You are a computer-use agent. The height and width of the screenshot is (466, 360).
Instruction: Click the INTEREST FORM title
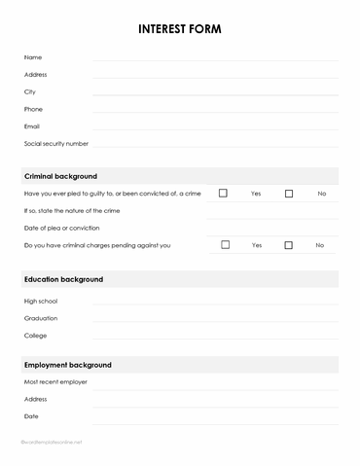pos(180,29)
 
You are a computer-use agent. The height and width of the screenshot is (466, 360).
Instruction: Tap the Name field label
pos(33,57)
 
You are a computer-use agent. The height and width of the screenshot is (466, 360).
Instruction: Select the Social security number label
pos(56,143)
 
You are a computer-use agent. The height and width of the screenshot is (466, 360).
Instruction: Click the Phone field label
pos(34,109)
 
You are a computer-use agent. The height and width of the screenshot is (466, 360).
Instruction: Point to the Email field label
pos(32,126)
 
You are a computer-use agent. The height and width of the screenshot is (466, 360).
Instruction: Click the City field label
pos(30,91)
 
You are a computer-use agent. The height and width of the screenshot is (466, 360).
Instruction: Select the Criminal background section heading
pos(60,176)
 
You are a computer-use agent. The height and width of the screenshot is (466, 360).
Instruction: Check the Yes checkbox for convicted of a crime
pos(223,194)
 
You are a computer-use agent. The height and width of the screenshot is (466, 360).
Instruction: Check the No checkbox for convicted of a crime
pos(289,194)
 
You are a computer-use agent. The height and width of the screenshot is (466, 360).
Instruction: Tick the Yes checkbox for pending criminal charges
pos(225,245)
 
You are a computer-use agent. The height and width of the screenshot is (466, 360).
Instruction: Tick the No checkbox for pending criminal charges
pos(289,245)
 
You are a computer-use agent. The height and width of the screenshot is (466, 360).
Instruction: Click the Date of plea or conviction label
pos(61,228)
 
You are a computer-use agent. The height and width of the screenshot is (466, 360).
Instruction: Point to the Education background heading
pos(63,279)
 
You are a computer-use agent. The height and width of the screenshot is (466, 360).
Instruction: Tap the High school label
pos(41,301)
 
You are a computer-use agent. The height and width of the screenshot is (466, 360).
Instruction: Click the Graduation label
pos(41,318)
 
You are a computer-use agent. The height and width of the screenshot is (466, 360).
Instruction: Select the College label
pos(36,336)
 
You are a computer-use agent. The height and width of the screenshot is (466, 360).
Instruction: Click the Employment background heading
pos(67,365)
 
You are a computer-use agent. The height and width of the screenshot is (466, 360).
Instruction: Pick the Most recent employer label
pos(55,382)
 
